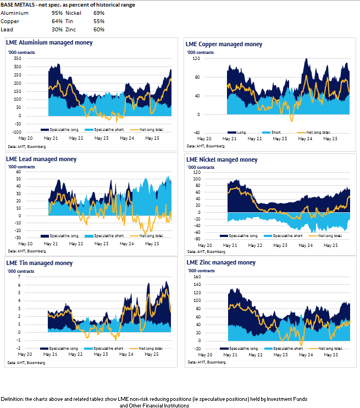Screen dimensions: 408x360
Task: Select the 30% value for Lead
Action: (57, 30)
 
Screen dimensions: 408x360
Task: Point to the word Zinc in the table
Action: (71, 30)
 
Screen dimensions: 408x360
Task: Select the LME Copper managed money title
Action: (224, 44)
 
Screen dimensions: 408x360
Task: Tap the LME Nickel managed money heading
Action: (222, 160)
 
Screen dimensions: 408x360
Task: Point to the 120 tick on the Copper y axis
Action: (195, 59)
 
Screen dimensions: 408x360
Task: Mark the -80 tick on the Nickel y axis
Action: (197, 239)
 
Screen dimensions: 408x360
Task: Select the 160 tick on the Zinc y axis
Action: (196, 277)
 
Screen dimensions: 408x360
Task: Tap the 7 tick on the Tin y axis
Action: (20, 277)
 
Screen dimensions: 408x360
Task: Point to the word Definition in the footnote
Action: (12, 399)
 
